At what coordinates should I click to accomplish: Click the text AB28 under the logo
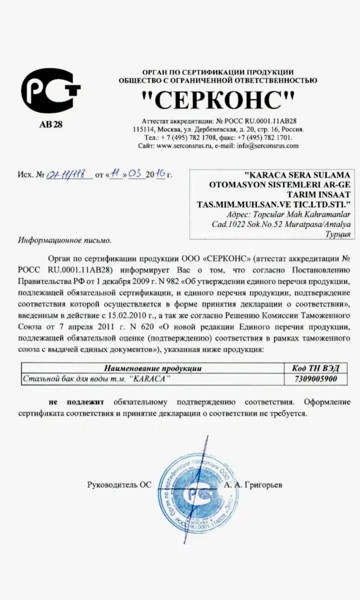50,124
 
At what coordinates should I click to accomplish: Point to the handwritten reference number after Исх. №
69,174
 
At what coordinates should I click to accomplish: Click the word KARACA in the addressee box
265,176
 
